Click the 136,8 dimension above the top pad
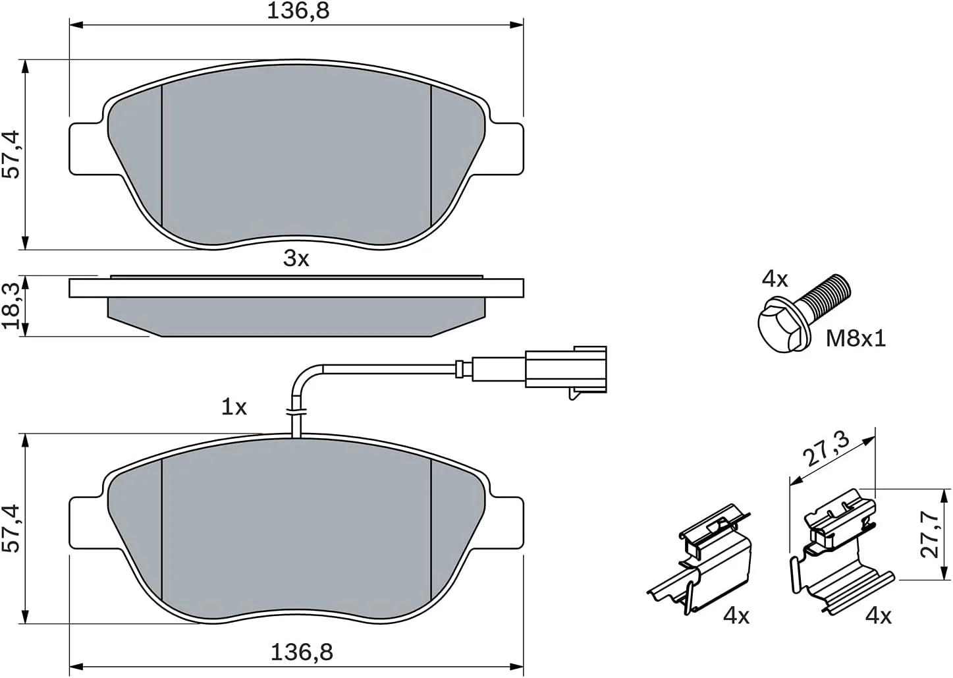[x=298, y=11]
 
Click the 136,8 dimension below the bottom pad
[x=302, y=652]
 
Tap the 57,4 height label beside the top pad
[x=11, y=154]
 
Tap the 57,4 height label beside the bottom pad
[x=11, y=529]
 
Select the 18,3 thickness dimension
[x=11, y=306]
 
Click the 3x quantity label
[x=296, y=258]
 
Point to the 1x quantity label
[x=234, y=407]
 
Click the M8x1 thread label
[x=856, y=339]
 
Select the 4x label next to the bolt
[x=775, y=279]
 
